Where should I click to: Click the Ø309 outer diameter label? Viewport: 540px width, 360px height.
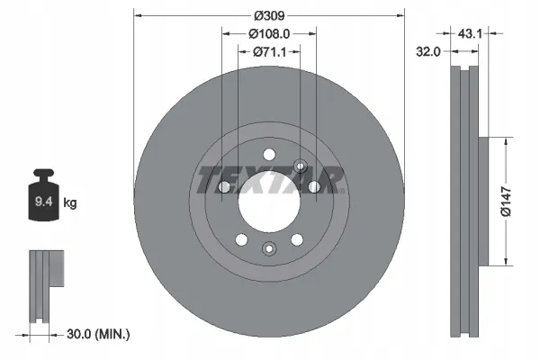coord(269,15)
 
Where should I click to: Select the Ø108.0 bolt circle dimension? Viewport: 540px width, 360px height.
coord(269,34)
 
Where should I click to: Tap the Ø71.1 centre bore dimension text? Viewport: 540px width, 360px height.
coord(270,52)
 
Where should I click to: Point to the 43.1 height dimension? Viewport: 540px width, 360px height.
coord(470,33)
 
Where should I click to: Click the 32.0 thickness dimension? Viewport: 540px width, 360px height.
coord(428,51)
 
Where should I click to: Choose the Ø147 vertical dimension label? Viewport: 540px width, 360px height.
coord(506,202)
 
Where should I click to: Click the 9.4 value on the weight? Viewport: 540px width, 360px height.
coord(44,202)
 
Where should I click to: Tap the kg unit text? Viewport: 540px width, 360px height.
coord(70,202)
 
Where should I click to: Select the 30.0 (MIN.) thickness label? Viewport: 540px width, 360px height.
coord(98,334)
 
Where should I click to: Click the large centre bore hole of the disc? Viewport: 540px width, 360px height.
coord(269,202)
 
